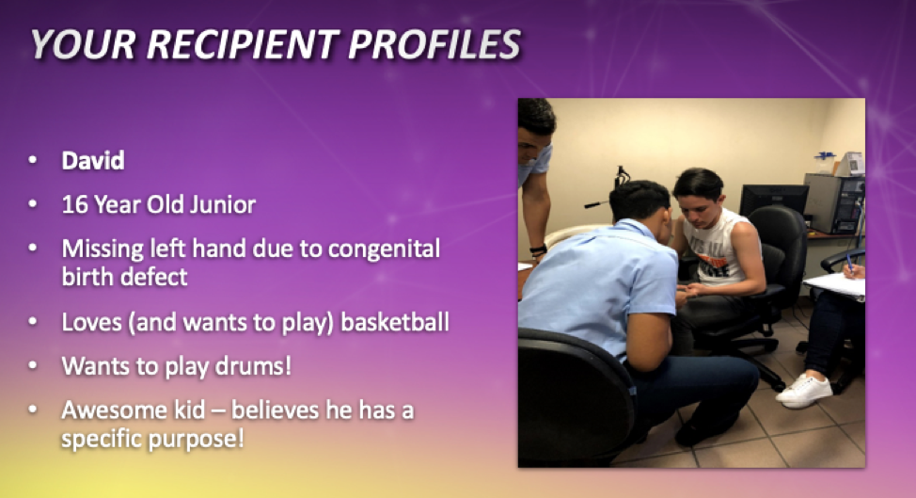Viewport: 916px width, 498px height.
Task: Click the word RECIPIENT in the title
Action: [242, 44]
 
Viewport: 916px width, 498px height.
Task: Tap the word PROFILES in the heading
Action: [434, 44]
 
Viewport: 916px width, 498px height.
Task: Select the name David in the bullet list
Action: [93, 161]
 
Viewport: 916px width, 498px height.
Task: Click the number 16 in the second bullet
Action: [74, 204]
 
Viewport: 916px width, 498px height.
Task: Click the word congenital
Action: [384, 249]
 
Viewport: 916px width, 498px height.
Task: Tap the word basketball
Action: [395, 322]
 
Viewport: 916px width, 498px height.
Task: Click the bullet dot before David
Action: [33, 160]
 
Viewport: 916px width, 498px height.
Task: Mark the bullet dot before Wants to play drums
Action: [33, 366]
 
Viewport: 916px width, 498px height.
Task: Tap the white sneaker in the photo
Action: [804, 390]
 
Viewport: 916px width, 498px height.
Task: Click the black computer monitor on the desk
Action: [774, 201]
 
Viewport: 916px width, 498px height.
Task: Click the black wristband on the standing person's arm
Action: [538, 250]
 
